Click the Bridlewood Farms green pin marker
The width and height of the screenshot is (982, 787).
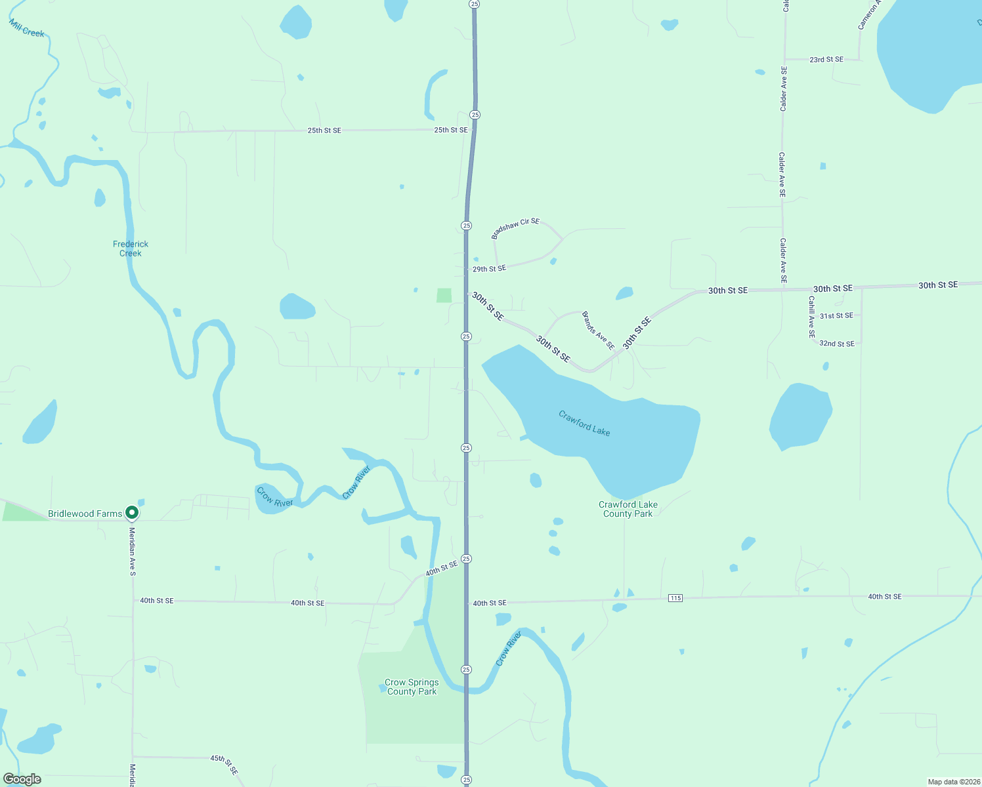pos(132,512)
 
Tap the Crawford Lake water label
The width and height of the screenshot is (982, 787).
pos(584,423)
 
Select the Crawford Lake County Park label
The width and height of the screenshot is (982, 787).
pos(628,509)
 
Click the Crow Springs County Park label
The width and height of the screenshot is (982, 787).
pos(412,687)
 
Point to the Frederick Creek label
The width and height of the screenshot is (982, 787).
pos(131,249)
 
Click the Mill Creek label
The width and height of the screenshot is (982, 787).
pos(27,28)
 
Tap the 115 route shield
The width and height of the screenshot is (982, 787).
pos(675,597)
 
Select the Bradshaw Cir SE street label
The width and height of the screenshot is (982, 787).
pos(515,228)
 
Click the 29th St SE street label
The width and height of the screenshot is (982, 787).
pos(489,269)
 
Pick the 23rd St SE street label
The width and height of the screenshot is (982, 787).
pos(826,60)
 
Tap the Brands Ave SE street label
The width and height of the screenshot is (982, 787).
pos(598,331)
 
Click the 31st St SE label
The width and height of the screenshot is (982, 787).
pos(836,316)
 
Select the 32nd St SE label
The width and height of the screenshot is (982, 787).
pos(837,344)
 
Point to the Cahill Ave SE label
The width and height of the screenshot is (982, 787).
pos(812,317)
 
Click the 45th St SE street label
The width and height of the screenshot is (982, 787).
pos(224,765)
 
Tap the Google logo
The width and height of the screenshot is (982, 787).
pos(22,779)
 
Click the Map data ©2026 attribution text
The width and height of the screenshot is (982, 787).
pos(952,782)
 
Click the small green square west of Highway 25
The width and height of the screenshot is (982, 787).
pos(444,295)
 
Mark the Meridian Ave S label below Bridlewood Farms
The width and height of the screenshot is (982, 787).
pos(133,552)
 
